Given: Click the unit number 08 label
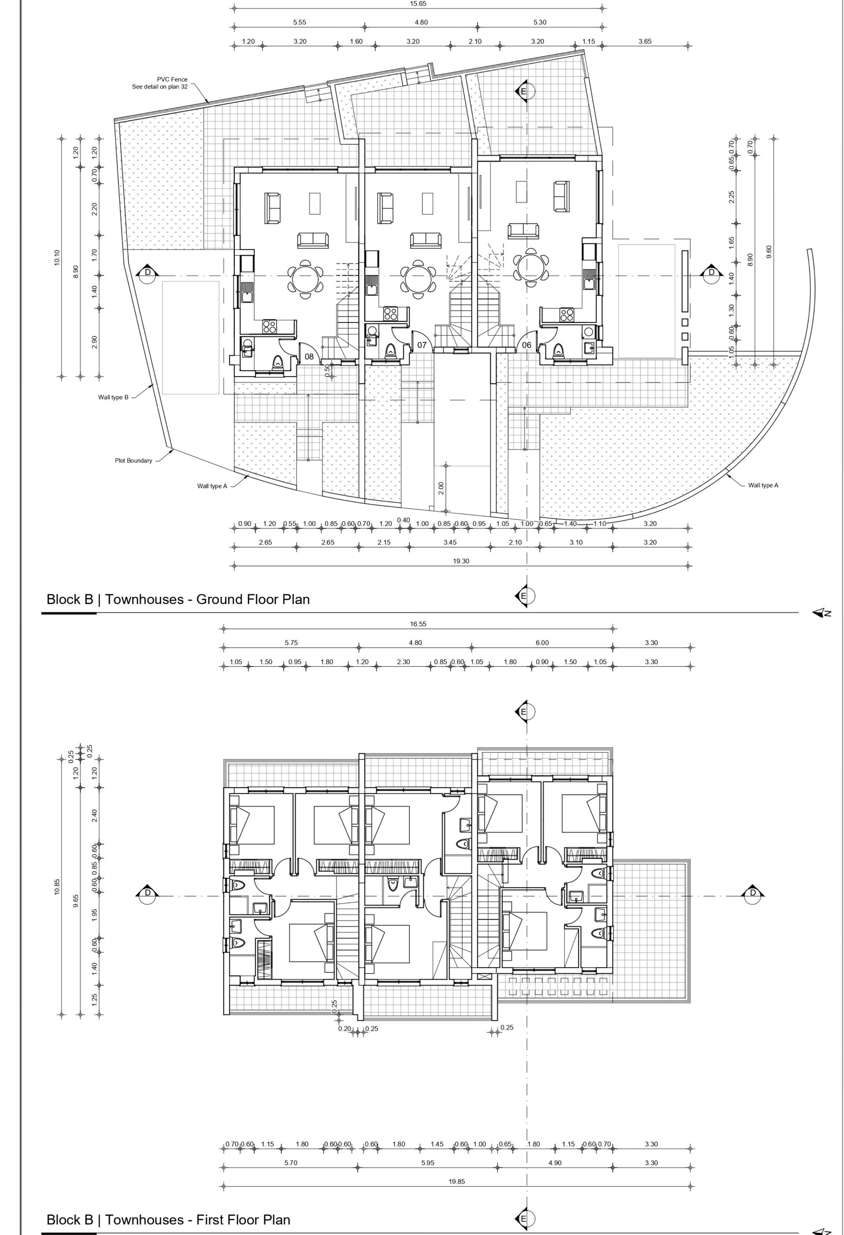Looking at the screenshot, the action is coord(309,357).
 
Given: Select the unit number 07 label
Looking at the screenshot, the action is coord(422,345).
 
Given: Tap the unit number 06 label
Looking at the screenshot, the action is coord(526,345).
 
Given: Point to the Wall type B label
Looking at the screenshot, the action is coord(113,397).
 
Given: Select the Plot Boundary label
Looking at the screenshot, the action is coord(133,460).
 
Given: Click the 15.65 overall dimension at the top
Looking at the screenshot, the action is coord(418,4).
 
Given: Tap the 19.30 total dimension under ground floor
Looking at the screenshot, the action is coord(461,561).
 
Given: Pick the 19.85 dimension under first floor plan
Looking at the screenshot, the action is coord(457,1182).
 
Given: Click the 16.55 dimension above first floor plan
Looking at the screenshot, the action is coord(418,624).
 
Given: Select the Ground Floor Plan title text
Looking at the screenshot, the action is coord(253,600).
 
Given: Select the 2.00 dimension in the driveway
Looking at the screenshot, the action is coord(441,488).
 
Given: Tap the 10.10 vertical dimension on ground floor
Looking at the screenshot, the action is coord(57,258).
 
